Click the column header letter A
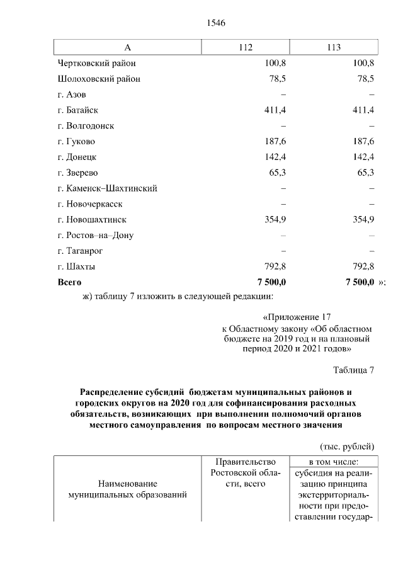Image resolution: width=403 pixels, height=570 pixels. [127, 48]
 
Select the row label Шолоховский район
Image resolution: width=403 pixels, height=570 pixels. [99, 79]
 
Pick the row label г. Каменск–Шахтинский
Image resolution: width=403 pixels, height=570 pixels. [107, 188]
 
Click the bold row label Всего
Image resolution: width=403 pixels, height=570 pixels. [69, 282]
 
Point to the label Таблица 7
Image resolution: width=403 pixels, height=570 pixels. [353, 370]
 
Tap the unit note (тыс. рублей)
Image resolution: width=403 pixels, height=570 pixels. [348, 446]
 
